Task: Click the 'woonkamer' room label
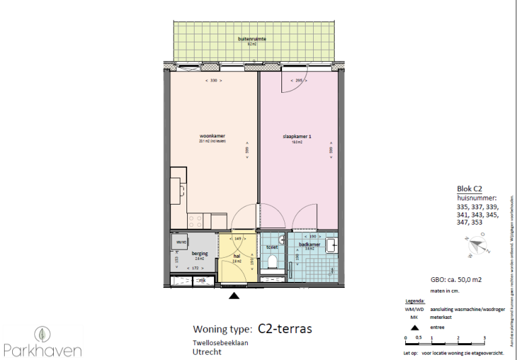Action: tap(212, 137)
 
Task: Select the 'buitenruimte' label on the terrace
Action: tap(252, 40)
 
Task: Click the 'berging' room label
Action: tap(199, 253)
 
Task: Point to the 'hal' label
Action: tap(236, 256)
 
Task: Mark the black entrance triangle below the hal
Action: tap(234, 294)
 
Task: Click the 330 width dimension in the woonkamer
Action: tap(213, 81)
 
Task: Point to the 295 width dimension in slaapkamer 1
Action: tap(300, 81)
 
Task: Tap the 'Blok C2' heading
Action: tap(469, 190)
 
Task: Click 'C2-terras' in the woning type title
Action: tap(285, 328)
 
